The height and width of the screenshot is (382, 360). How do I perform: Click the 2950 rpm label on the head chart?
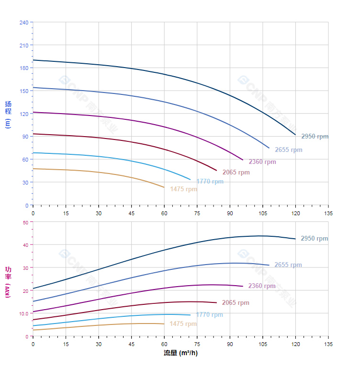[x=315, y=137]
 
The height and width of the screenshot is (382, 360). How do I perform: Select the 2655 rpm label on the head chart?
[x=288, y=150]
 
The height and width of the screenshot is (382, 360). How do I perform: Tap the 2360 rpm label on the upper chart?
[x=262, y=162]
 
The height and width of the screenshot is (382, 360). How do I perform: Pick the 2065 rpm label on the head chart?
[x=236, y=173]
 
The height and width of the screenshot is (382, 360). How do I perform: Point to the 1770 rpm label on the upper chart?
[x=210, y=182]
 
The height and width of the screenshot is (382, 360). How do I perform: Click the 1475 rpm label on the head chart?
[x=183, y=189]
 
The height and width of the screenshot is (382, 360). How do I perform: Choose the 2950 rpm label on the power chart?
[x=314, y=239]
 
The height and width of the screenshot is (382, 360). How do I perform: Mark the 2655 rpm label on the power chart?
[x=288, y=265]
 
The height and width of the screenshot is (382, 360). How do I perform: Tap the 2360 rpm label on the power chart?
[x=262, y=286]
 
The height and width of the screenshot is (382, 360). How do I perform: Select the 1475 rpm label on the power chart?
[x=183, y=324]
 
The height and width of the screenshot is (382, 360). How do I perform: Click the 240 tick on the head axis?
[x=24, y=23]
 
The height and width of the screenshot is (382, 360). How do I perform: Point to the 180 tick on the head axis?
[x=24, y=68]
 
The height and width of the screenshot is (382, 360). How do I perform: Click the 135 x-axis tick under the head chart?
[x=328, y=213]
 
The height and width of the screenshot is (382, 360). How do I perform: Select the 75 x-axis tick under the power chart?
[x=197, y=344]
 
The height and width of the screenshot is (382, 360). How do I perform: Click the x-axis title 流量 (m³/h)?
[x=180, y=353]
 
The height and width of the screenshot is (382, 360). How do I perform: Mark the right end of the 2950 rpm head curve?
[x=295, y=135]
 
